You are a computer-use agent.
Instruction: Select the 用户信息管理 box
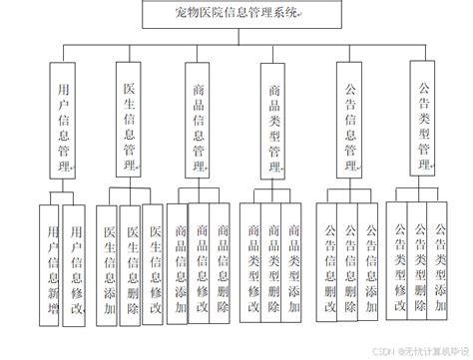tap(61, 118)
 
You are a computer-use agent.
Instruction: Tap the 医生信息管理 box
tap(127, 118)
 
